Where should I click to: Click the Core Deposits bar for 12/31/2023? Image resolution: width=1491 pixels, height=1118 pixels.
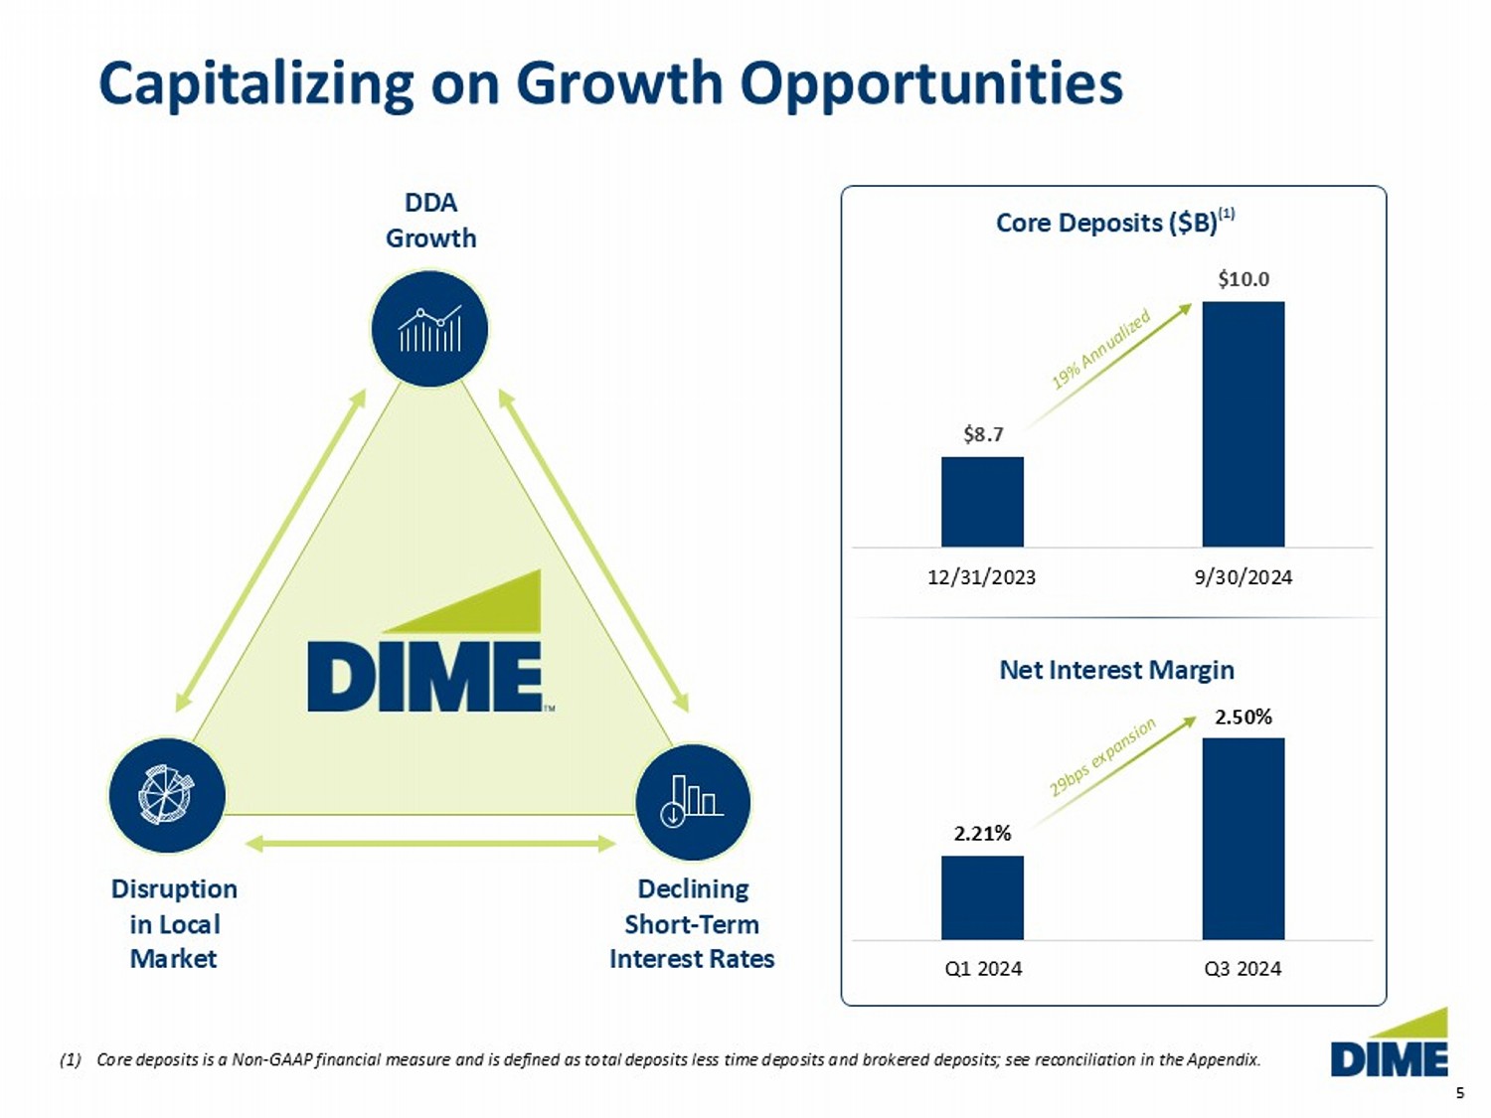coord(982,501)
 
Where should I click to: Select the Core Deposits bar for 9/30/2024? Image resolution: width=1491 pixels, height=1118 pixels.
coord(1242,423)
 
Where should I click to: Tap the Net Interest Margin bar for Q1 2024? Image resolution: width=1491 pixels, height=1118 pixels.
coord(982,897)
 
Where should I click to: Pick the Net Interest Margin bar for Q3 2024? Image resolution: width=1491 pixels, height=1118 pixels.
coord(1242,838)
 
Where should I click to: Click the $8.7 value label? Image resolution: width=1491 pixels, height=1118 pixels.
coord(983,434)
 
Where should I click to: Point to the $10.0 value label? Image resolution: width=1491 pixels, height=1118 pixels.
coord(1243,279)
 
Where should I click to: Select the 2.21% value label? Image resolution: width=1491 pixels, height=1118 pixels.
coord(982,833)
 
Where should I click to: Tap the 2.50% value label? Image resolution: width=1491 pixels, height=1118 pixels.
coord(1242,717)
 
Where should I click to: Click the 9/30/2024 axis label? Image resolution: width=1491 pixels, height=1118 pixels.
coord(1242,577)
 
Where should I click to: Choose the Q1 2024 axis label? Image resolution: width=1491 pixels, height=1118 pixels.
coord(982,969)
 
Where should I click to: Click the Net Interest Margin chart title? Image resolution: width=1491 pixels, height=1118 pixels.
coord(1116,670)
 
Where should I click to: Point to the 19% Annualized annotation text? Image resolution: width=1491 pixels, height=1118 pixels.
coord(1101,349)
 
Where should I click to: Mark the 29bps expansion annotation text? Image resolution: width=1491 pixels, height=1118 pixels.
coord(1103,757)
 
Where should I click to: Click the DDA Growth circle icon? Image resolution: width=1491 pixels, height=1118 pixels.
coord(429,329)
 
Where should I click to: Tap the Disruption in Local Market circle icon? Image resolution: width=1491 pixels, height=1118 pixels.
coord(167,795)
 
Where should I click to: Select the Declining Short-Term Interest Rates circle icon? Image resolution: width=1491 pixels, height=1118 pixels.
coord(693,801)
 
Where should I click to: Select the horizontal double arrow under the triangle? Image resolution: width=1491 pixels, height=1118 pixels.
coord(429,844)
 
